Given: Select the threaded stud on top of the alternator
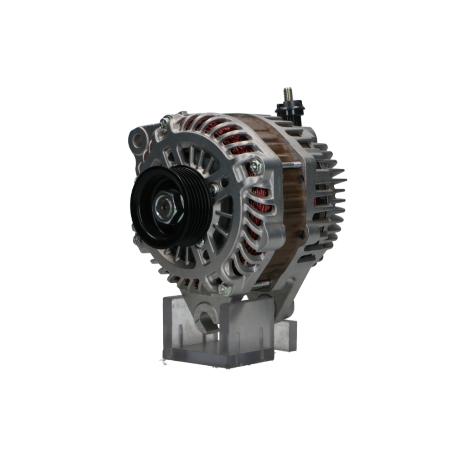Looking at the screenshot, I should pyautogui.click(x=288, y=95).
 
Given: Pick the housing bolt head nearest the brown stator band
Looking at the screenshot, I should pyautogui.click(x=255, y=166).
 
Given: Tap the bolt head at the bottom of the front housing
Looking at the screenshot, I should pyautogui.click(x=223, y=289).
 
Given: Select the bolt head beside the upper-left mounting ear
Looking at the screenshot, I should pyautogui.click(x=164, y=123).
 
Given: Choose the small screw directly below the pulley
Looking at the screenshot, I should pyautogui.click(x=200, y=244).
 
